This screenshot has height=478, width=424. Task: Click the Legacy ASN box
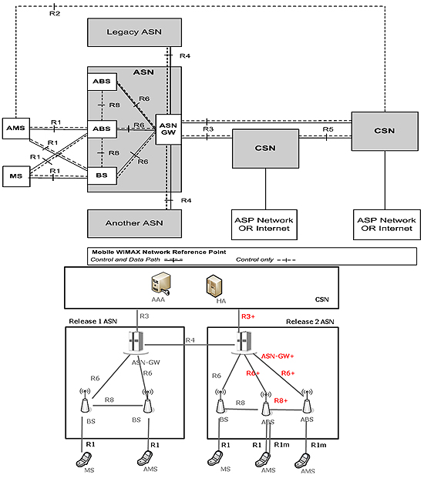pyautogui.click(x=134, y=32)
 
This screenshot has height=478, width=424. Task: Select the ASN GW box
pyautogui.click(x=168, y=129)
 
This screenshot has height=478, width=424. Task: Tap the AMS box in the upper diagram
pyautogui.click(x=16, y=129)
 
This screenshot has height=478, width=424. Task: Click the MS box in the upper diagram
pyautogui.click(x=16, y=176)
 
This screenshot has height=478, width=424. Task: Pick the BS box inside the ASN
pyautogui.click(x=102, y=175)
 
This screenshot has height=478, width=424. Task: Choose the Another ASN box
pyautogui.click(x=134, y=223)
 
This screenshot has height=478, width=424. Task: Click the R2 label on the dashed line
pyautogui.click(x=55, y=13)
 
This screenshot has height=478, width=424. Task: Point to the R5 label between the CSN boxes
pyautogui.click(x=328, y=129)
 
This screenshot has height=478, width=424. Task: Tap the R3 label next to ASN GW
pyautogui.click(x=208, y=129)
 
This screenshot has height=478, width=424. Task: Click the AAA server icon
pyautogui.click(x=160, y=284)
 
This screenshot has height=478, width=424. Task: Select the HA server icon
pyautogui.click(x=214, y=286)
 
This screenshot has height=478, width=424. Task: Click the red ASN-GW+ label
pyautogui.click(x=278, y=356)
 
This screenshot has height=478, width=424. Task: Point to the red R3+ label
pyautogui.click(x=248, y=316)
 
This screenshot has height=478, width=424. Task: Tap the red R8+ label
pyautogui.click(x=281, y=400)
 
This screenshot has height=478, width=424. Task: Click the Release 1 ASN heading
pyautogui.click(x=93, y=321)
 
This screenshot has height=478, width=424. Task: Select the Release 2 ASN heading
pyautogui.click(x=310, y=322)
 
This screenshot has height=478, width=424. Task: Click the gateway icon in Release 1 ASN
pyautogui.click(x=136, y=343)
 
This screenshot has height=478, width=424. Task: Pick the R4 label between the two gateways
pyautogui.click(x=190, y=340)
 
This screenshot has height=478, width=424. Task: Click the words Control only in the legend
pyautogui.click(x=254, y=259)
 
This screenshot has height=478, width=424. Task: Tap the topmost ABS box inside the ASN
pyautogui.click(x=102, y=82)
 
